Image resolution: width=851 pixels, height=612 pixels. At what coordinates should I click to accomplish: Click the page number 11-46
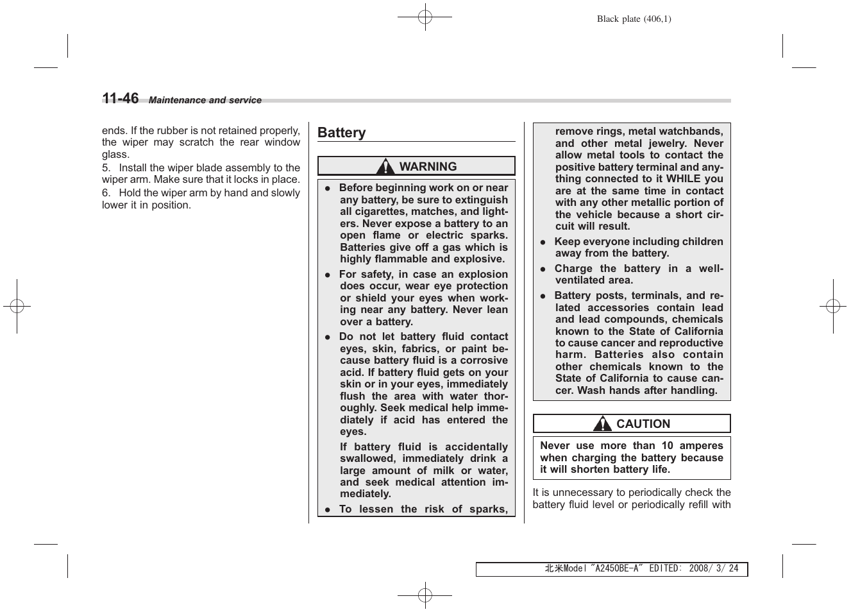[120, 98]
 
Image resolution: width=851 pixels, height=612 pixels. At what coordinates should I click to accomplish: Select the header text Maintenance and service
[205, 101]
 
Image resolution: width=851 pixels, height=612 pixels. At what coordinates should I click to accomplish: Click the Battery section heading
[341, 133]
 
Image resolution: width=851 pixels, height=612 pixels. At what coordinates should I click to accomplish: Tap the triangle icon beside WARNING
[385, 167]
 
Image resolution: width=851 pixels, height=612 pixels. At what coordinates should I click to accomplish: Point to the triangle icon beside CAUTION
[602, 424]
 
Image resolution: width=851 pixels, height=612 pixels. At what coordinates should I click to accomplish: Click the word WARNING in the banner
[428, 167]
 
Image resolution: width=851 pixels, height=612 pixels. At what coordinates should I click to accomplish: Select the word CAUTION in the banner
[643, 424]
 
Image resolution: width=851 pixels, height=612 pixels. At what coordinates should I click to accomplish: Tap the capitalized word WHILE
[683, 179]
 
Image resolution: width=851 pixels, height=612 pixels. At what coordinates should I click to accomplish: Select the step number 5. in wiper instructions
[106, 167]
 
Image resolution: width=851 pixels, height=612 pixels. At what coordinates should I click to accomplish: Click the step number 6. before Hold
[106, 193]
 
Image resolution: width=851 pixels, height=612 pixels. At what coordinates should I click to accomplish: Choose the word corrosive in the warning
[484, 361]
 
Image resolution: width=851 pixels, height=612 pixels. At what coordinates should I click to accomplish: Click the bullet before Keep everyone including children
[542, 242]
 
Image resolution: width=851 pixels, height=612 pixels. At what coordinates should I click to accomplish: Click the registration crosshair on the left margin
[17, 307]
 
